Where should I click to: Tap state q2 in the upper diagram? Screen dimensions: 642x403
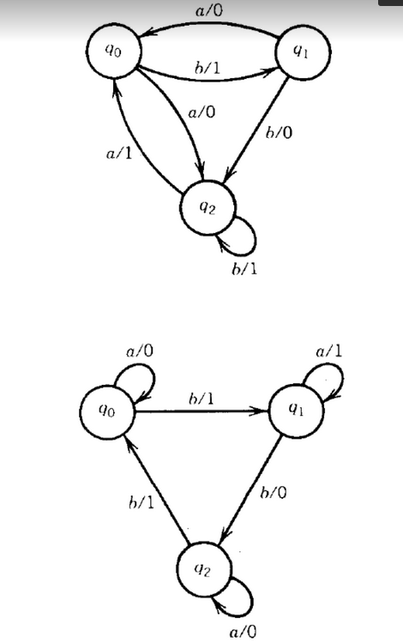206,207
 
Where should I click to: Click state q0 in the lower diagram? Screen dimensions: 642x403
107,413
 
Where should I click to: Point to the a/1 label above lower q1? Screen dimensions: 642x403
328,351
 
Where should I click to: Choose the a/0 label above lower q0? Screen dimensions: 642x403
140,351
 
